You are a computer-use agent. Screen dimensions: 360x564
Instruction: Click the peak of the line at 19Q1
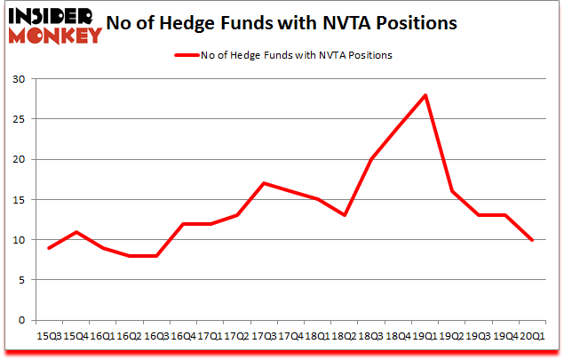coord(427,95)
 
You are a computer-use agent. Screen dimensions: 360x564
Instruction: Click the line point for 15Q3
coord(48,248)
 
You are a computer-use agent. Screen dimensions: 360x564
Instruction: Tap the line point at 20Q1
coord(532,240)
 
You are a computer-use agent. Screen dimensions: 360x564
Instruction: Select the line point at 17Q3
coord(264,183)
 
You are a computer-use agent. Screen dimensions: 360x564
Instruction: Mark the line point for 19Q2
coord(452,191)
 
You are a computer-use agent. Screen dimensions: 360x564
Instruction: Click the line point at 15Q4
coord(75,232)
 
